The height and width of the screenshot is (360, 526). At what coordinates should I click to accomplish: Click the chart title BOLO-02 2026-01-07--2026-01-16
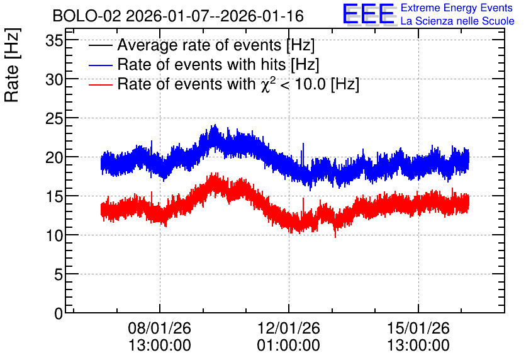(178, 16)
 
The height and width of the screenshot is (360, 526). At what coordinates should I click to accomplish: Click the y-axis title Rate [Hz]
(12, 65)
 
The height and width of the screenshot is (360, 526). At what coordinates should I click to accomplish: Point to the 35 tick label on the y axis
(54, 41)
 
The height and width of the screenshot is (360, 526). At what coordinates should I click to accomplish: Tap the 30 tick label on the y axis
(54, 79)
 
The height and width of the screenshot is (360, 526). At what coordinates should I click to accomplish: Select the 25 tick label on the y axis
(54, 118)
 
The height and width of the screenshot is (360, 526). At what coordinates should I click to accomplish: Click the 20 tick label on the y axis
(54, 157)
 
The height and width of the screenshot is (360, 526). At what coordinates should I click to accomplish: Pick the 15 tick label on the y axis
(54, 196)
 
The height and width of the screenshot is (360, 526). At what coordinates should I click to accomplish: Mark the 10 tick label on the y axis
(54, 235)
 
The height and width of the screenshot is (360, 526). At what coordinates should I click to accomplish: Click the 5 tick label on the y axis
(59, 274)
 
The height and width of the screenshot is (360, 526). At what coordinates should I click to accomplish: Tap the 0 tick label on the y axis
(59, 313)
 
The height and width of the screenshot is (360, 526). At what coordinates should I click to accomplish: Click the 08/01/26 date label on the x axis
(159, 328)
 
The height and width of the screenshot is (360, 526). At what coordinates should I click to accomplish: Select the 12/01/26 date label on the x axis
(289, 328)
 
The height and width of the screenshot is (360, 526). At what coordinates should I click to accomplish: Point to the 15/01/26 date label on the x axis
(418, 328)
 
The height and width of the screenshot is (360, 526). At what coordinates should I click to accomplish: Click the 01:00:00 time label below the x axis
(289, 345)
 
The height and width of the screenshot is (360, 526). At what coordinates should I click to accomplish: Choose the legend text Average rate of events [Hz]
(216, 45)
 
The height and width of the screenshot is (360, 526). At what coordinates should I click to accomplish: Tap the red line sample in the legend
(100, 84)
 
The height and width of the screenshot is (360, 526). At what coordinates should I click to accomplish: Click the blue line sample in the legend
(100, 65)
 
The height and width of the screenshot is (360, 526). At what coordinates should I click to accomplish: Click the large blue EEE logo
(369, 14)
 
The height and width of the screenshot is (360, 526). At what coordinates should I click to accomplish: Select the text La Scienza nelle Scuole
(457, 21)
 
